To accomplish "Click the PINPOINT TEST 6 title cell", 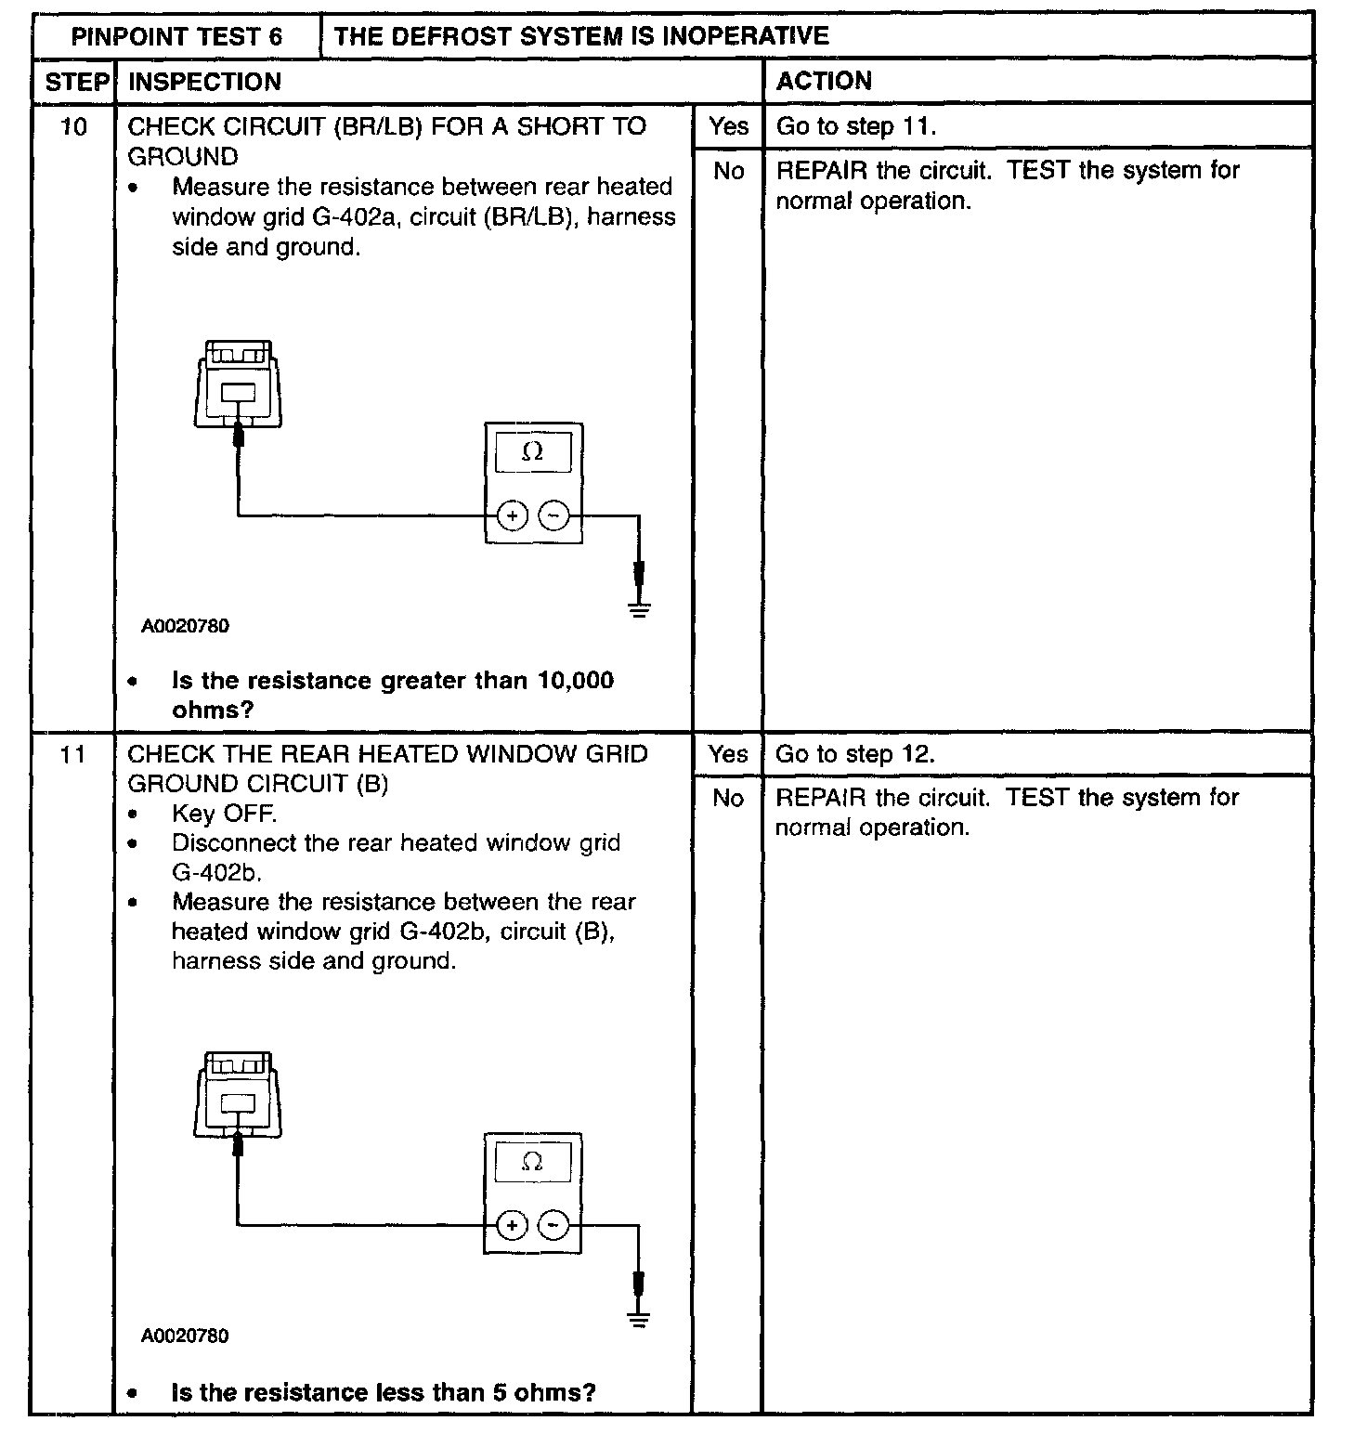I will pyautogui.click(x=176, y=37).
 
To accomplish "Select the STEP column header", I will pyautogui.click(x=76, y=82).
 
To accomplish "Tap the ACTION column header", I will pyautogui.click(x=824, y=81).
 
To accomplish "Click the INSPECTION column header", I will pyautogui.click(x=204, y=82).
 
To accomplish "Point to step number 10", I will pyautogui.click(x=73, y=126).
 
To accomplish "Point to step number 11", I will pyautogui.click(x=73, y=754).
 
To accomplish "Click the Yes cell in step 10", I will pyautogui.click(x=728, y=126).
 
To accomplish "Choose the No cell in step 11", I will pyautogui.click(x=728, y=798).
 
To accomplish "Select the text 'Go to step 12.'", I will pyautogui.click(x=855, y=754).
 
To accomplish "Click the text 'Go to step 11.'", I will pyautogui.click(x=855, y=126).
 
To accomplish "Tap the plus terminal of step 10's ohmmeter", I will pyautogui.click(x=512, y=515).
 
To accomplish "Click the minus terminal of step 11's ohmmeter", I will pyautogui.click(x=553, y=1225).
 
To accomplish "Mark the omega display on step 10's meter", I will pyautogui.click(x=533, y=452).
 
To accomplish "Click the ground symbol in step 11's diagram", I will pyautogui.click(x=638, y=1317).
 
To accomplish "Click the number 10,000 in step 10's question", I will pyautogui.click(x=576, y=681).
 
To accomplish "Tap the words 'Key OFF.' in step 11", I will pyautogui.click(x=224, y=815).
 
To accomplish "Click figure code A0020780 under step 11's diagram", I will pyautogui.click(x=185, y=1336).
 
